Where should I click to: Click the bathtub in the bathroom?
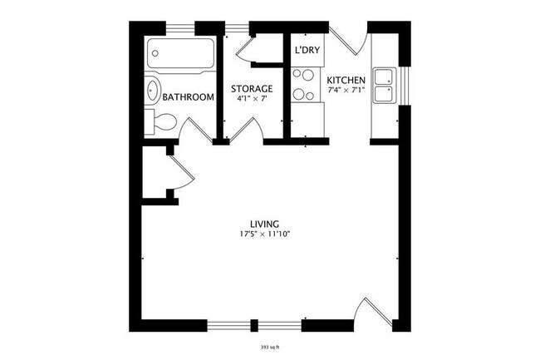[179, 56]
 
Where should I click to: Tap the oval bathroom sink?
[154, 91]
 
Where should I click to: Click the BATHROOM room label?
[189, 97]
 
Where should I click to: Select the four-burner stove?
[304, 82]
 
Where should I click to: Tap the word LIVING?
[264, 223]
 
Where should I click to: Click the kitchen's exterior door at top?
[347, 38]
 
